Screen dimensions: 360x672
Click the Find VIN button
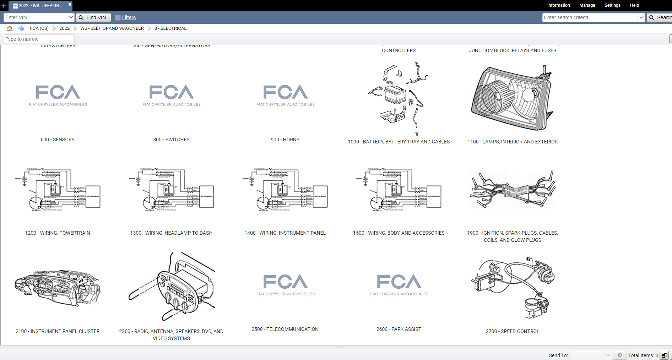(93, 17)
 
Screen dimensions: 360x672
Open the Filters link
(129, 17)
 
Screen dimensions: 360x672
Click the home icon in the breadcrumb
(10, 28)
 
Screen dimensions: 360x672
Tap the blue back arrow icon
(21, 28)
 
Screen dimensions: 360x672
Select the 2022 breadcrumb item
(64, 28)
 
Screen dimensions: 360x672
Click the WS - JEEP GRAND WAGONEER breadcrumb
(112, 28)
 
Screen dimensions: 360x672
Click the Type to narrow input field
(39, 39)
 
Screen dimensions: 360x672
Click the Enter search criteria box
(590, 17)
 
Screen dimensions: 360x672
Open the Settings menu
(612, 5)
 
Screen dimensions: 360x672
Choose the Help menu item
(634, 5)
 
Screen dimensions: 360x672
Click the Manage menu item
(587, 5)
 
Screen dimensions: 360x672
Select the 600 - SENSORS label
(58, 140)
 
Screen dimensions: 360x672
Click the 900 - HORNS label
(285, 140)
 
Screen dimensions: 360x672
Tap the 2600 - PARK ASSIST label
(399, 329)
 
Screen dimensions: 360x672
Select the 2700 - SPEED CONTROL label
(512, 331)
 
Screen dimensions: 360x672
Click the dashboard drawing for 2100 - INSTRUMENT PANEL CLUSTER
(58, 288)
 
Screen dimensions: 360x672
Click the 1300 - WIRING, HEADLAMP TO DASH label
(171, 233)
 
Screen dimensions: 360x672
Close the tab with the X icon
(70, 4)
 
